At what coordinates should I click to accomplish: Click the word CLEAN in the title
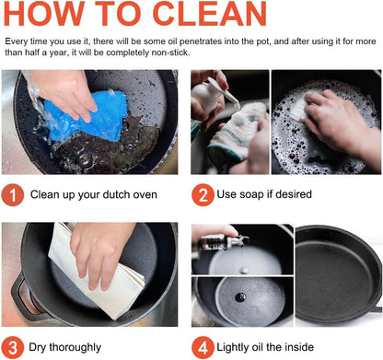click(x=209, y=13)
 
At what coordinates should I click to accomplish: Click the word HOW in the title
click(x=44, y=13)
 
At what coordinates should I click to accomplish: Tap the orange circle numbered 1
click(x=13, y=195)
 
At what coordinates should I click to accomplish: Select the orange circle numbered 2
click(x=203, y=195)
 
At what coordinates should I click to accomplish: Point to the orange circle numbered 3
click(x=13, y=348)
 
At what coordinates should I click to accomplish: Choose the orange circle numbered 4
click(x=203, y=348)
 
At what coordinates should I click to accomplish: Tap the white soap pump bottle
click(x=212, y=96)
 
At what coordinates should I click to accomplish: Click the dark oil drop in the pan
click(x=240, y=296)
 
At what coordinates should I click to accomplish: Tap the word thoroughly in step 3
click(x=75, y=348)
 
